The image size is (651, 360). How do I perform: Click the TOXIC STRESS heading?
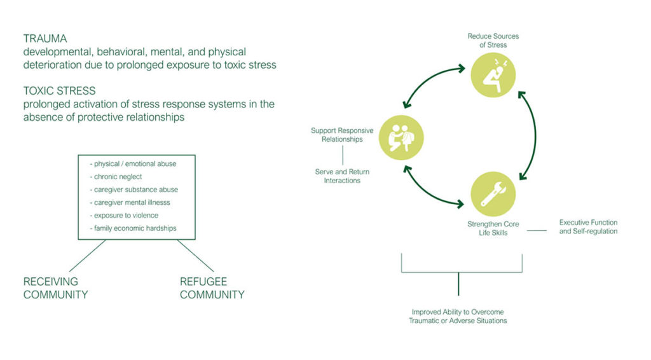(59, 90)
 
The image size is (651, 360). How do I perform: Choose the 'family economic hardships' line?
(135, 228)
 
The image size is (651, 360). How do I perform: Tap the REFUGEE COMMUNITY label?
(212, 288)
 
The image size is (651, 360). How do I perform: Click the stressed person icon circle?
(493, 76)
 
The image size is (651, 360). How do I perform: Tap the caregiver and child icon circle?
(401, 137)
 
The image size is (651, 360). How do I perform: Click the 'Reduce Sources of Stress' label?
(493, 40)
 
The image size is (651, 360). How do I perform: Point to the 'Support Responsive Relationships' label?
(342, 135)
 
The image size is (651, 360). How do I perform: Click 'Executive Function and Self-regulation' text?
(588, 227)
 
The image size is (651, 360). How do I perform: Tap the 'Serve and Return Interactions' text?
(342, 176)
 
